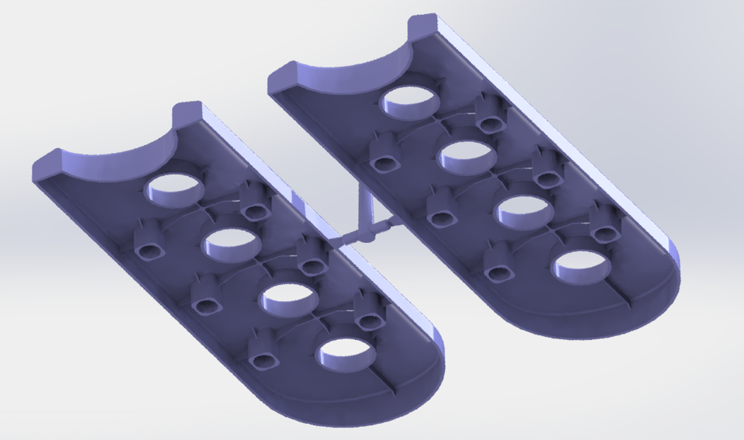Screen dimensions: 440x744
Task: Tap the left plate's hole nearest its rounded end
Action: [x=346, y=353]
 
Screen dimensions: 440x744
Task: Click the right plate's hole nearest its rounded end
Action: [x=581, y=267]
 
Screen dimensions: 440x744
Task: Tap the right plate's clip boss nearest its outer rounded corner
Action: [x=604, y=223]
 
